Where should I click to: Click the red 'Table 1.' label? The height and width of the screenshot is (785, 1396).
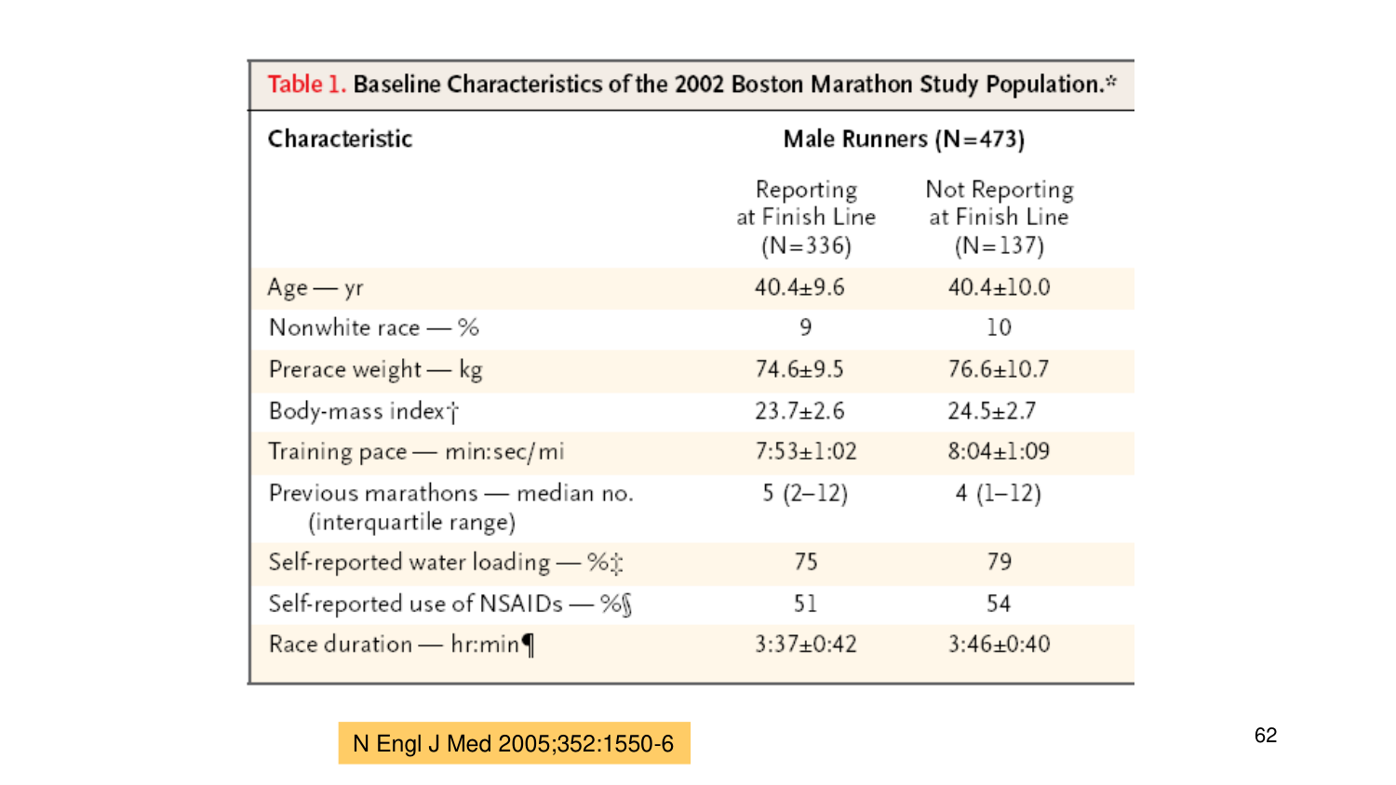pos(306,85)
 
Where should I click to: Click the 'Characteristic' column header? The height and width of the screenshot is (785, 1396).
pos(340,139)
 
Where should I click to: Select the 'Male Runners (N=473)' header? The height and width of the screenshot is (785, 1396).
pos(903,140)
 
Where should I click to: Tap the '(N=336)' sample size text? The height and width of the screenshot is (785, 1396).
pos(806,246)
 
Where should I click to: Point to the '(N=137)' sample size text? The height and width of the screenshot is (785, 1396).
pos(999,246)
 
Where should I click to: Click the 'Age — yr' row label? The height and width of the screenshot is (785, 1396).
pos(315,287)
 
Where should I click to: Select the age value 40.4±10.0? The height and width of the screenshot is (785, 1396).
pos(999,287)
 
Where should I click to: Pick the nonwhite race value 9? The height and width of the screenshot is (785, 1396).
pos(806,327)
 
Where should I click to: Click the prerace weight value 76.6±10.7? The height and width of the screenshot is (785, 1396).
pos(999,369)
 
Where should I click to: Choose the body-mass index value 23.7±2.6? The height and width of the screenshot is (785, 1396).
pos(799,411)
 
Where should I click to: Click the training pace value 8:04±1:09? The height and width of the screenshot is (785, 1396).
pos(999,452)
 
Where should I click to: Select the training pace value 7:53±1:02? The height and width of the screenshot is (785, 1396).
pos(805,452)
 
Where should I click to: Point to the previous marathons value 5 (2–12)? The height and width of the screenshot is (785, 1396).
pos(805,493)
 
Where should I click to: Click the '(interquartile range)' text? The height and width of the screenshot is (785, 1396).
pos(411,523)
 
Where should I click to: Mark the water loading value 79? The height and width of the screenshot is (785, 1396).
pos(999,562)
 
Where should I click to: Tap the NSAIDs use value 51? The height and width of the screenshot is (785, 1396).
pos(805,604)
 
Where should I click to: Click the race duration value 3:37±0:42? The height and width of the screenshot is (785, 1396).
pos(805,645)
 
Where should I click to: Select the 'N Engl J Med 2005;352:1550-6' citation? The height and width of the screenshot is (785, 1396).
pos(514,744)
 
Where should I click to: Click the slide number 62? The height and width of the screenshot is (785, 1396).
pos(1265,736)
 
